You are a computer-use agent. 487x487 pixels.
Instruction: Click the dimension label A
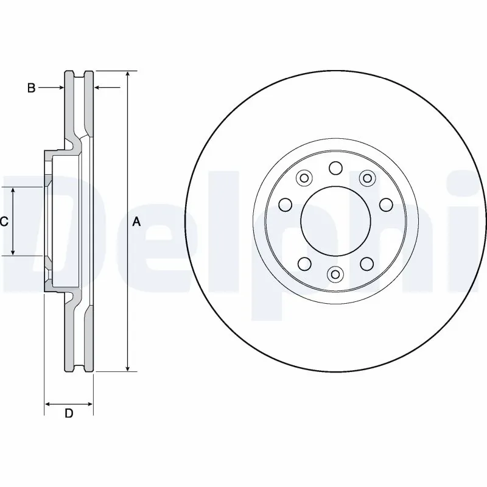[x=136, y=222]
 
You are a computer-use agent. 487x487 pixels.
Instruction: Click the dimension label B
[x=31, y=88]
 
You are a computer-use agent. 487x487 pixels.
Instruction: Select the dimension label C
[x=4, y=222]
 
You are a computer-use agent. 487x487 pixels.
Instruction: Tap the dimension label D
[x=69, y=414]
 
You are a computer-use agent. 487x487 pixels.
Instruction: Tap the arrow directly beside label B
[x=60, y=88]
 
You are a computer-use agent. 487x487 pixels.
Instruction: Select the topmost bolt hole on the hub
[x=335, y=167]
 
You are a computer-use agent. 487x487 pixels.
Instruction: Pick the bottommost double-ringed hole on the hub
[x=335, y=275]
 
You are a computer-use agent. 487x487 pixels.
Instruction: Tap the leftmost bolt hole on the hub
[x=284, y=205]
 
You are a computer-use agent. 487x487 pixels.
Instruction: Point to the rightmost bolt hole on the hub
[x=385, y=205]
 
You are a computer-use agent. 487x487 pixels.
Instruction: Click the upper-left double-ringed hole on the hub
[x=303, y=178]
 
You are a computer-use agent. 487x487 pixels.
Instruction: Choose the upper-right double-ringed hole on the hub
[x=366, y=178]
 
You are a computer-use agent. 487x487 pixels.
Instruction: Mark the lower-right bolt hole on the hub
[x=366, y=263]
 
